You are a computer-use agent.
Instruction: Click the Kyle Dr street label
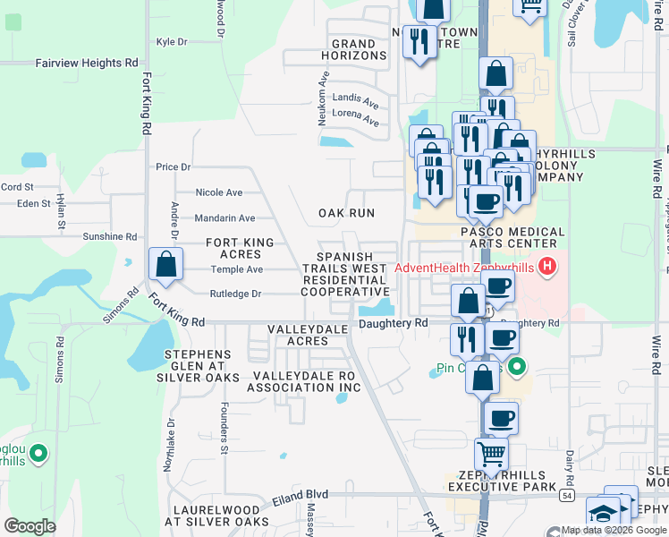(171, 41)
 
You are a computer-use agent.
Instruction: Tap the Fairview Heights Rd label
(87, 64)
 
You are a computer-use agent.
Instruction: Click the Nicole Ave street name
(219, 192)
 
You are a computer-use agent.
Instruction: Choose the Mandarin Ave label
(224, 217)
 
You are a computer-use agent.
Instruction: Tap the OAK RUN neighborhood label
(347, 213)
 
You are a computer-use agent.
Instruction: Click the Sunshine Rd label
(109, 236)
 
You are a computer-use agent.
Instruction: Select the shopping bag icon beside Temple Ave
(165, 264)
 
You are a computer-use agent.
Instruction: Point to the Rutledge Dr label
(235, 294)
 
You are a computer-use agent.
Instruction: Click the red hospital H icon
(548, 268)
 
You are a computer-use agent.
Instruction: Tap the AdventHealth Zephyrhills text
(465, 268)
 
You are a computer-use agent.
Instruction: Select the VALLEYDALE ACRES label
(300, 336)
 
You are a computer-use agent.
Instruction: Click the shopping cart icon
(491, 456)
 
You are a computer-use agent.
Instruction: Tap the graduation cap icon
(602, 514)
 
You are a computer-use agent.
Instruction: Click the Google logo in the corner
(30, 525)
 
